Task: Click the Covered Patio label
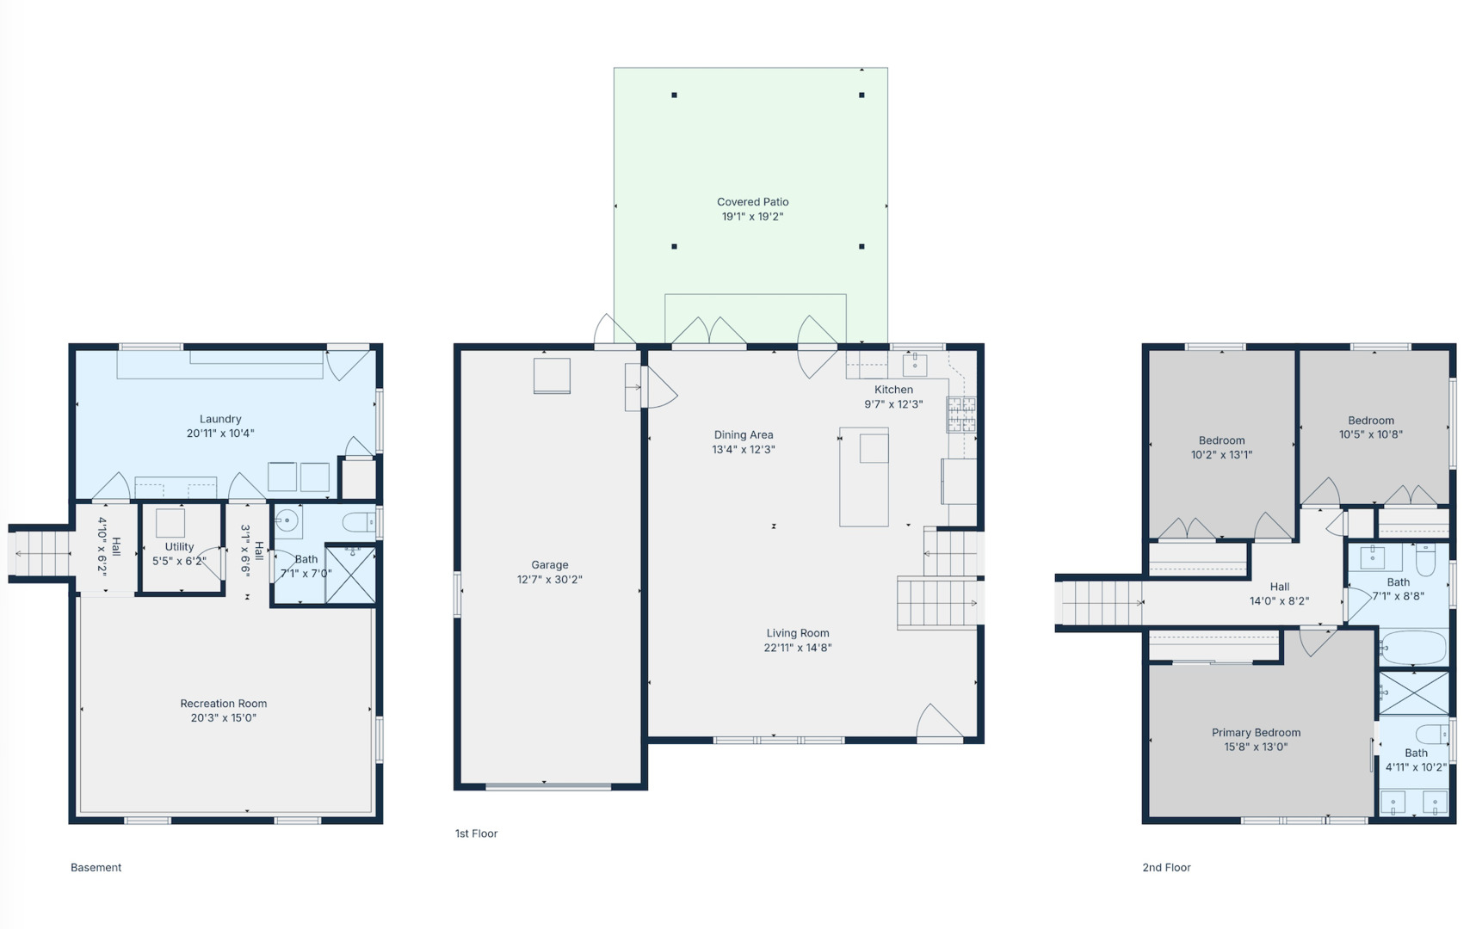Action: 752,202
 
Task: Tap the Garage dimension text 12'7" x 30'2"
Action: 549,580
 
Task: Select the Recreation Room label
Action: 223,704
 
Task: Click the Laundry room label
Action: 220,419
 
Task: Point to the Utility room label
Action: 179,546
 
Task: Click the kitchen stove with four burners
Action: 961,414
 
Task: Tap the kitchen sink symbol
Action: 914,365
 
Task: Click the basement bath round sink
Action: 287,520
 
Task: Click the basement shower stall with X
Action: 350,575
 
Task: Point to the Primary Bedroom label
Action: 1256,733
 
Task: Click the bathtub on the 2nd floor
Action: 1414,648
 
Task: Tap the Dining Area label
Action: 743,435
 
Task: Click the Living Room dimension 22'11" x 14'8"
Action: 797,648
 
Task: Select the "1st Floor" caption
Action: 476,834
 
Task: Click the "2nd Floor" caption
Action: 1166,868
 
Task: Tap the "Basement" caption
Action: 96,868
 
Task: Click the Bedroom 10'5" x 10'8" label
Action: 1370,421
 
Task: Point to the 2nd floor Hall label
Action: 1279,587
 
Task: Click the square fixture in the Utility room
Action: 170,523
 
